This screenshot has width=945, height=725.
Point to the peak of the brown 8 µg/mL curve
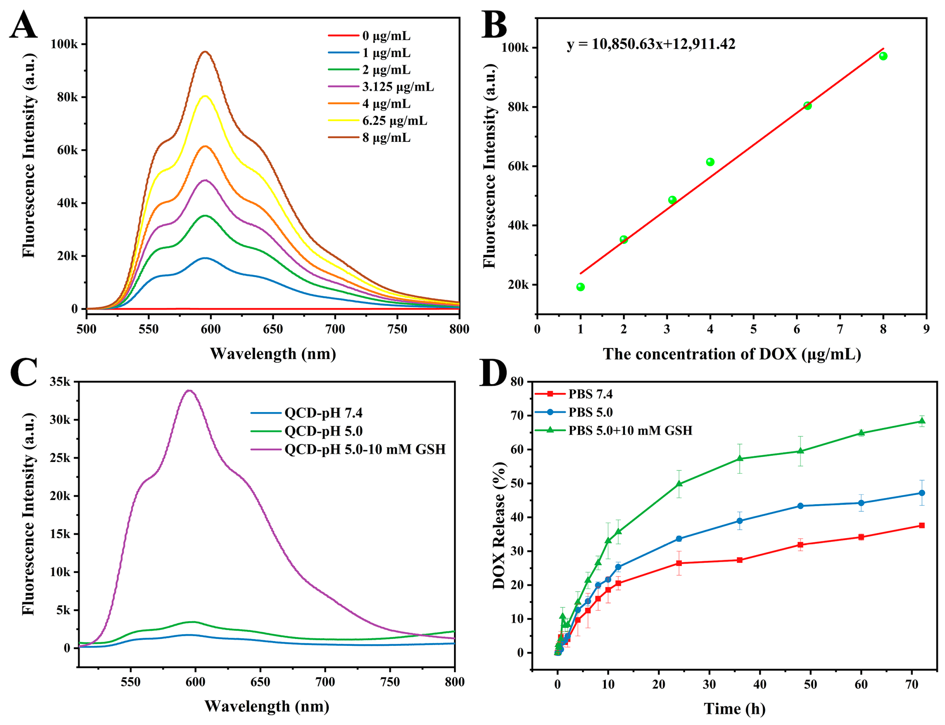click(205, 52)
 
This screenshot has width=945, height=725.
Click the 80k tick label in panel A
click(67, 97)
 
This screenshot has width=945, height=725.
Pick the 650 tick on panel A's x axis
click(272, 329)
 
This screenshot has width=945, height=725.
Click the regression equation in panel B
click(651, 44)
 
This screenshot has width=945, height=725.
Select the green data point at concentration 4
click(710, 162)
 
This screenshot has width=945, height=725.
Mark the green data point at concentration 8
click(883, 56)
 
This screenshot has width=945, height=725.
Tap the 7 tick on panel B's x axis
click(840, 329)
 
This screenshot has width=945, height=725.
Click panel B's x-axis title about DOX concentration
click(732, 354)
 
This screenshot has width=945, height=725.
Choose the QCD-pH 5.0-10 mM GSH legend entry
click(364, 450)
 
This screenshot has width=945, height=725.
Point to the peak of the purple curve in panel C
click(189, 390)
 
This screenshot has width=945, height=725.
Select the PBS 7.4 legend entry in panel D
click(590, 394)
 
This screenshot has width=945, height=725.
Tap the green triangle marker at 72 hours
click(922, 421)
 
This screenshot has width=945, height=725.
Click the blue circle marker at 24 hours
click(679, 538)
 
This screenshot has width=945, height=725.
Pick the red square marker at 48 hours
click(801, 545)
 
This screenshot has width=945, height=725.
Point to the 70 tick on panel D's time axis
click(912, 684)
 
